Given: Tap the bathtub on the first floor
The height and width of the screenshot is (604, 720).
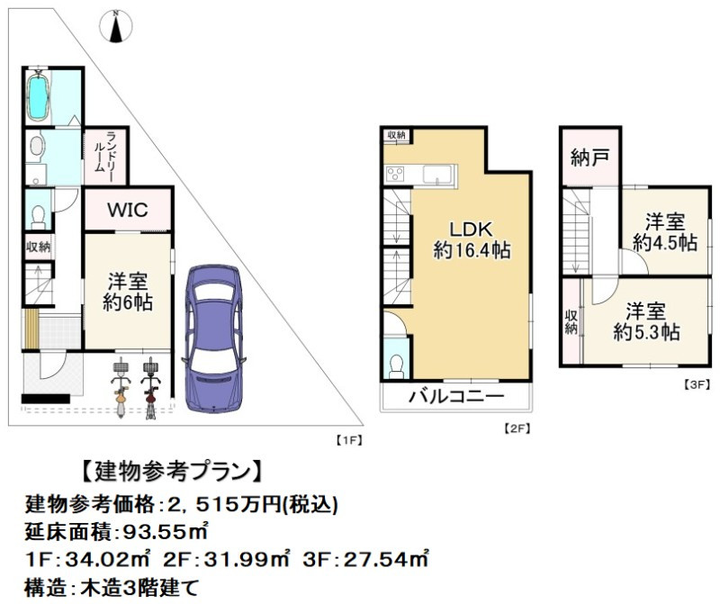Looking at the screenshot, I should click(x=38, y=98).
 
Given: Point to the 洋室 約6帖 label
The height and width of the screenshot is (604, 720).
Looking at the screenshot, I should click(x=126, y=292).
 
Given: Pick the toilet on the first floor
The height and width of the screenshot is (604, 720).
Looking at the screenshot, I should click(x=36, y=214).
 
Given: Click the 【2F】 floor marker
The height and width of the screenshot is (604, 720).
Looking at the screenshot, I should click(x=516, y=428).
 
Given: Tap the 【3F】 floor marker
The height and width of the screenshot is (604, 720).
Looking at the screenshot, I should click(x=695, y=383).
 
